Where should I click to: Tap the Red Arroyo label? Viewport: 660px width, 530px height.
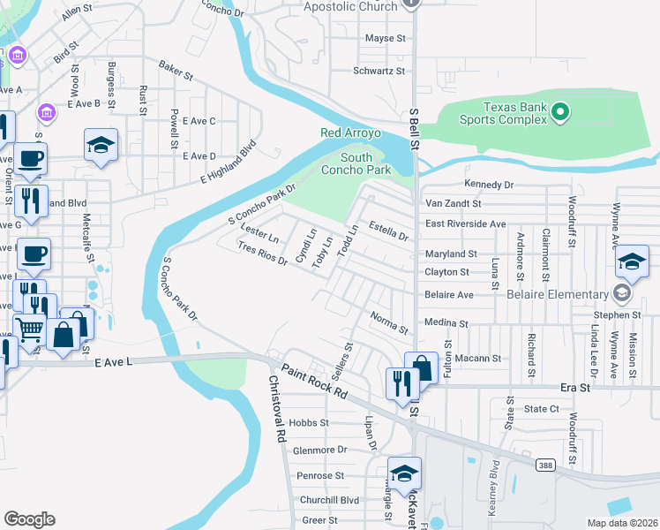coord(350,133)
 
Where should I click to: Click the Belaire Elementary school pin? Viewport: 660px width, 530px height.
coord(622,294)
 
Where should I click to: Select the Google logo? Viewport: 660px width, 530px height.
coord(29,519)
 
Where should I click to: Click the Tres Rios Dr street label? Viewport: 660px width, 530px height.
coord(263,254)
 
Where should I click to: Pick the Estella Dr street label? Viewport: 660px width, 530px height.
coord(388,231)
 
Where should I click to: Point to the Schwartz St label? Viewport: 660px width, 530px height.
coord(379,71)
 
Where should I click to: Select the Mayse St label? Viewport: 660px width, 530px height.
coord(385,39)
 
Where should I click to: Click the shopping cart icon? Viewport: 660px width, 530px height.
coord(31,331)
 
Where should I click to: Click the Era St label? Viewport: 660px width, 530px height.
coord(574,388)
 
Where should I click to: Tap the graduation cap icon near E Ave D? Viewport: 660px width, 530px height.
coord(101,144)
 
